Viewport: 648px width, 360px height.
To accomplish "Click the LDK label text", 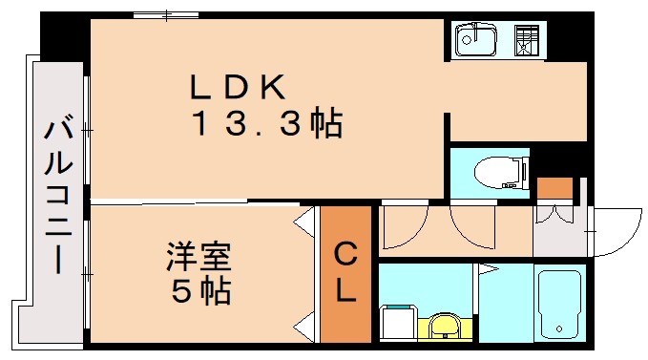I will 238,89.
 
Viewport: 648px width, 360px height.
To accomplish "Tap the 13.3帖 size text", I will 266,124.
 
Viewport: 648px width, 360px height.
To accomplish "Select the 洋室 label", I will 199,257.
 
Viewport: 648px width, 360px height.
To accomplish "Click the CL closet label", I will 345,272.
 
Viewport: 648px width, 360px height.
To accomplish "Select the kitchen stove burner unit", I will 526,41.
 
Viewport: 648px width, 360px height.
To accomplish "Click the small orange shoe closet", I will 553,187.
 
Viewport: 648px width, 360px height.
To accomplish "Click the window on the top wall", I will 166,14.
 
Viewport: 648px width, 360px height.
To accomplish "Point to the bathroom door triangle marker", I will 484,270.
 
